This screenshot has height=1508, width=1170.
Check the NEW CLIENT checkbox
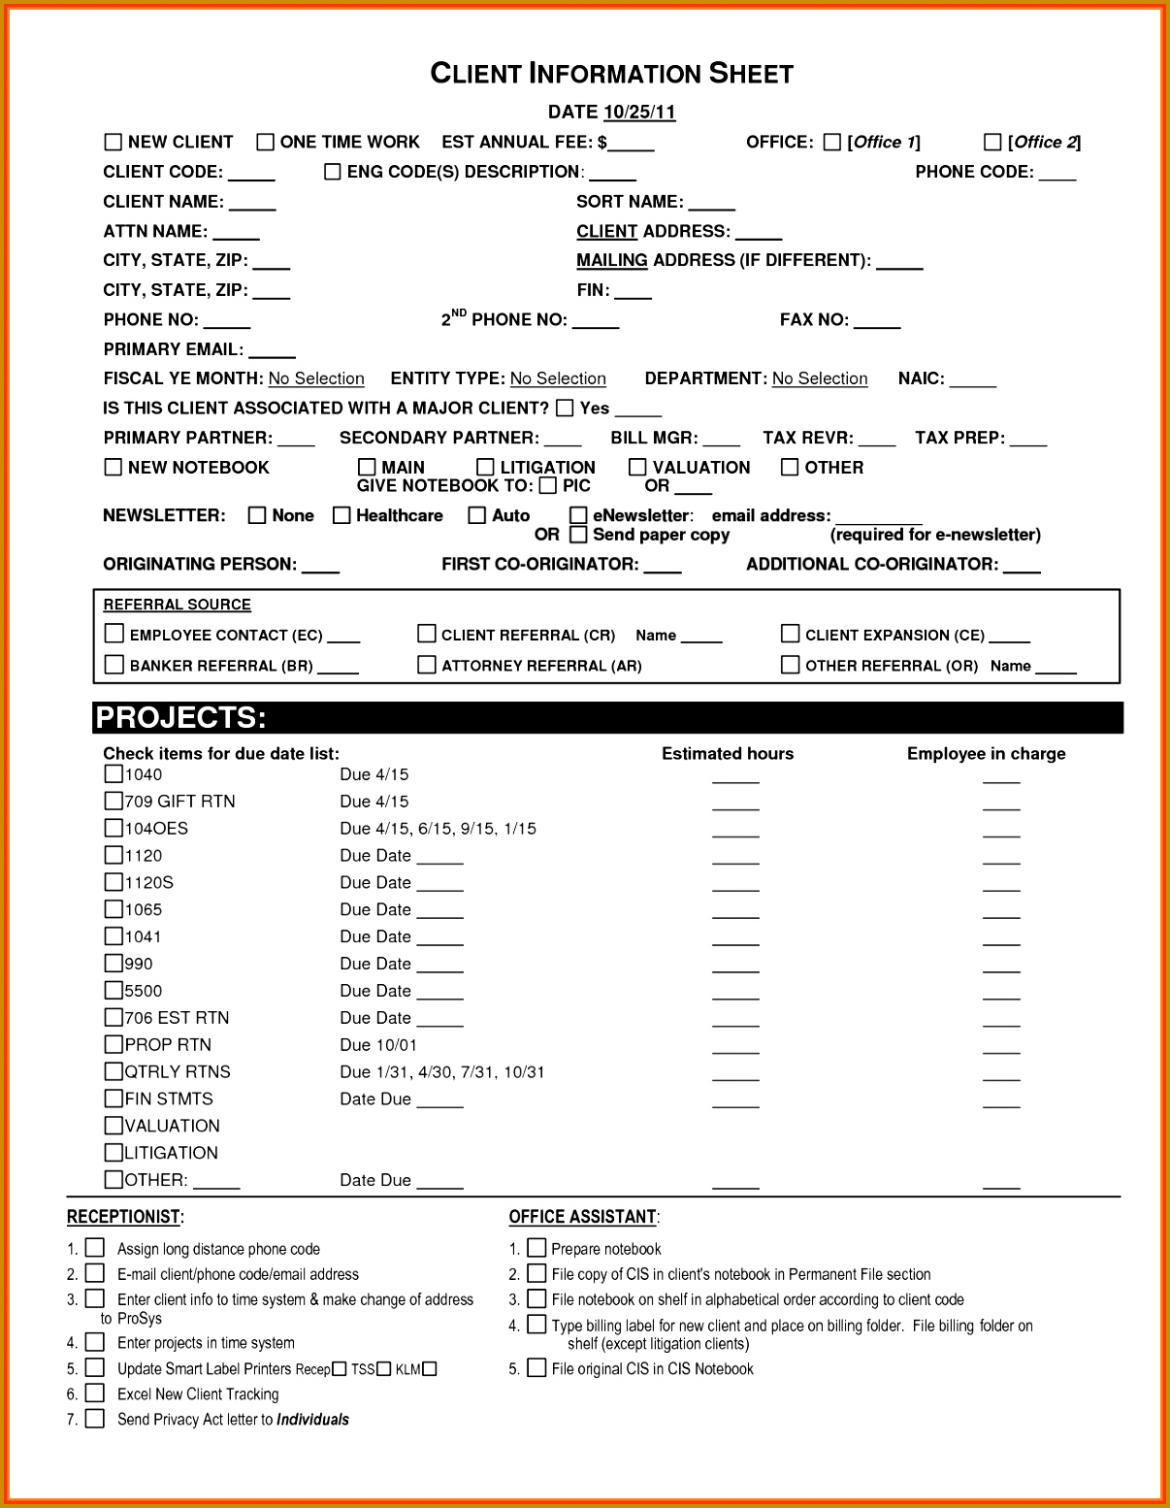[113, 142]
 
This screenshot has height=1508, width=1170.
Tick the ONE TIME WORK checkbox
[265, 142]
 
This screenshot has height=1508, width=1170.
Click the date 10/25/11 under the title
[638, 112]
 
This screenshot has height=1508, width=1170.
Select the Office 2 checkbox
[992, 142]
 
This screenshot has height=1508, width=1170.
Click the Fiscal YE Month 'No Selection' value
[316, 378]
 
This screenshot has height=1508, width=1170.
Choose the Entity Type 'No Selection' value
[558, 378]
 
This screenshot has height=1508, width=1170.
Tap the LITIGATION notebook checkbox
[485, 467]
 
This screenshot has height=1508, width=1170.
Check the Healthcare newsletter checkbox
[341, 515]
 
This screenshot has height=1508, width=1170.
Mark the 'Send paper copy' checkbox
[578, 535]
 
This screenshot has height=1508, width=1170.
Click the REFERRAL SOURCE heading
[178, 605]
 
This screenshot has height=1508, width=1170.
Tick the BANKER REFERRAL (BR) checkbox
[114, 665]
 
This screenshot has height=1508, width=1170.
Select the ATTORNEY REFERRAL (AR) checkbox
[427, 665]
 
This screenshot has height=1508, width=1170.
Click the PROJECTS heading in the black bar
[180, 718]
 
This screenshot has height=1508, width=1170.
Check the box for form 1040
[114, 774]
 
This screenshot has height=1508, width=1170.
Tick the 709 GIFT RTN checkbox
[114, 802]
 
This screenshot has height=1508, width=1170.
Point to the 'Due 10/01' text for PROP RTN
[378, 1045]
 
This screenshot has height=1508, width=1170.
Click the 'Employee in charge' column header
[986, 754]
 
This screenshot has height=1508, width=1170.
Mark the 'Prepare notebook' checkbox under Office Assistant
[536, 1248]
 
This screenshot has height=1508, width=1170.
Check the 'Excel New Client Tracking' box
[95, 1393]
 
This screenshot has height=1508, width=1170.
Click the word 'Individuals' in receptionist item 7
[312, 1420]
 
